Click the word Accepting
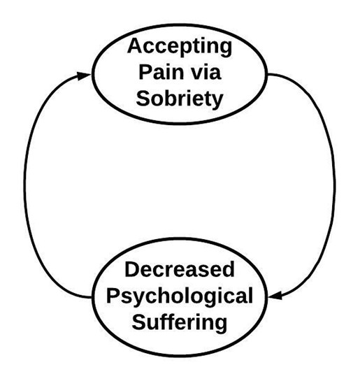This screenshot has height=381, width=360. (x=180, y=48)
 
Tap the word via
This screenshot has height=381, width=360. (x=212, y=72)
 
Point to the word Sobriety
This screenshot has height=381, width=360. (x=180, y=97)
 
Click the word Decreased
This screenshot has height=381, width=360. (x=180, y=271)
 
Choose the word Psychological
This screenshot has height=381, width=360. (x=180, y=296)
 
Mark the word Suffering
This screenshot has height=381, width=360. (x=181, y=322)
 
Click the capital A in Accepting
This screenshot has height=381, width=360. (x=136, y=47)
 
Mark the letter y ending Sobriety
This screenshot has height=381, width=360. (x=217, y=99)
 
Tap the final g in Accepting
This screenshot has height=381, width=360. (x=224, y=50)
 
